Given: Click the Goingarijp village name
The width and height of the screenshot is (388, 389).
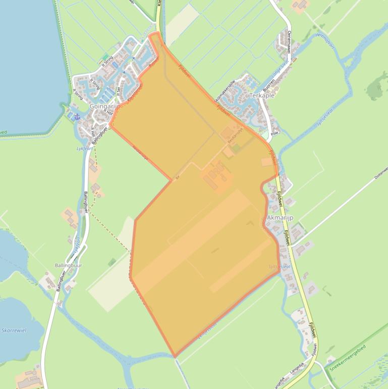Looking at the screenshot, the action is (x=104, y=107).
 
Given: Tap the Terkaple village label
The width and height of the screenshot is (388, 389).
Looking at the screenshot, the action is (x=262, y=95).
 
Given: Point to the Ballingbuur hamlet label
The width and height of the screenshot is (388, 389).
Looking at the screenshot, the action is (x=68, y=265).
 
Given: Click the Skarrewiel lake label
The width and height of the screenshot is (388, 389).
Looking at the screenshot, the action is (x=14, y=330).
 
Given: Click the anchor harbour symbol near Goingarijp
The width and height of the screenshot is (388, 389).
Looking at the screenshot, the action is (x=77, y=117).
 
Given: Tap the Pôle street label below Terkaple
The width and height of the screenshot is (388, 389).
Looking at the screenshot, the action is (x=274, y=133).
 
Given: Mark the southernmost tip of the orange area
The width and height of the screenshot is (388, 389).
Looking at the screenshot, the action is (x=175, y=357).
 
